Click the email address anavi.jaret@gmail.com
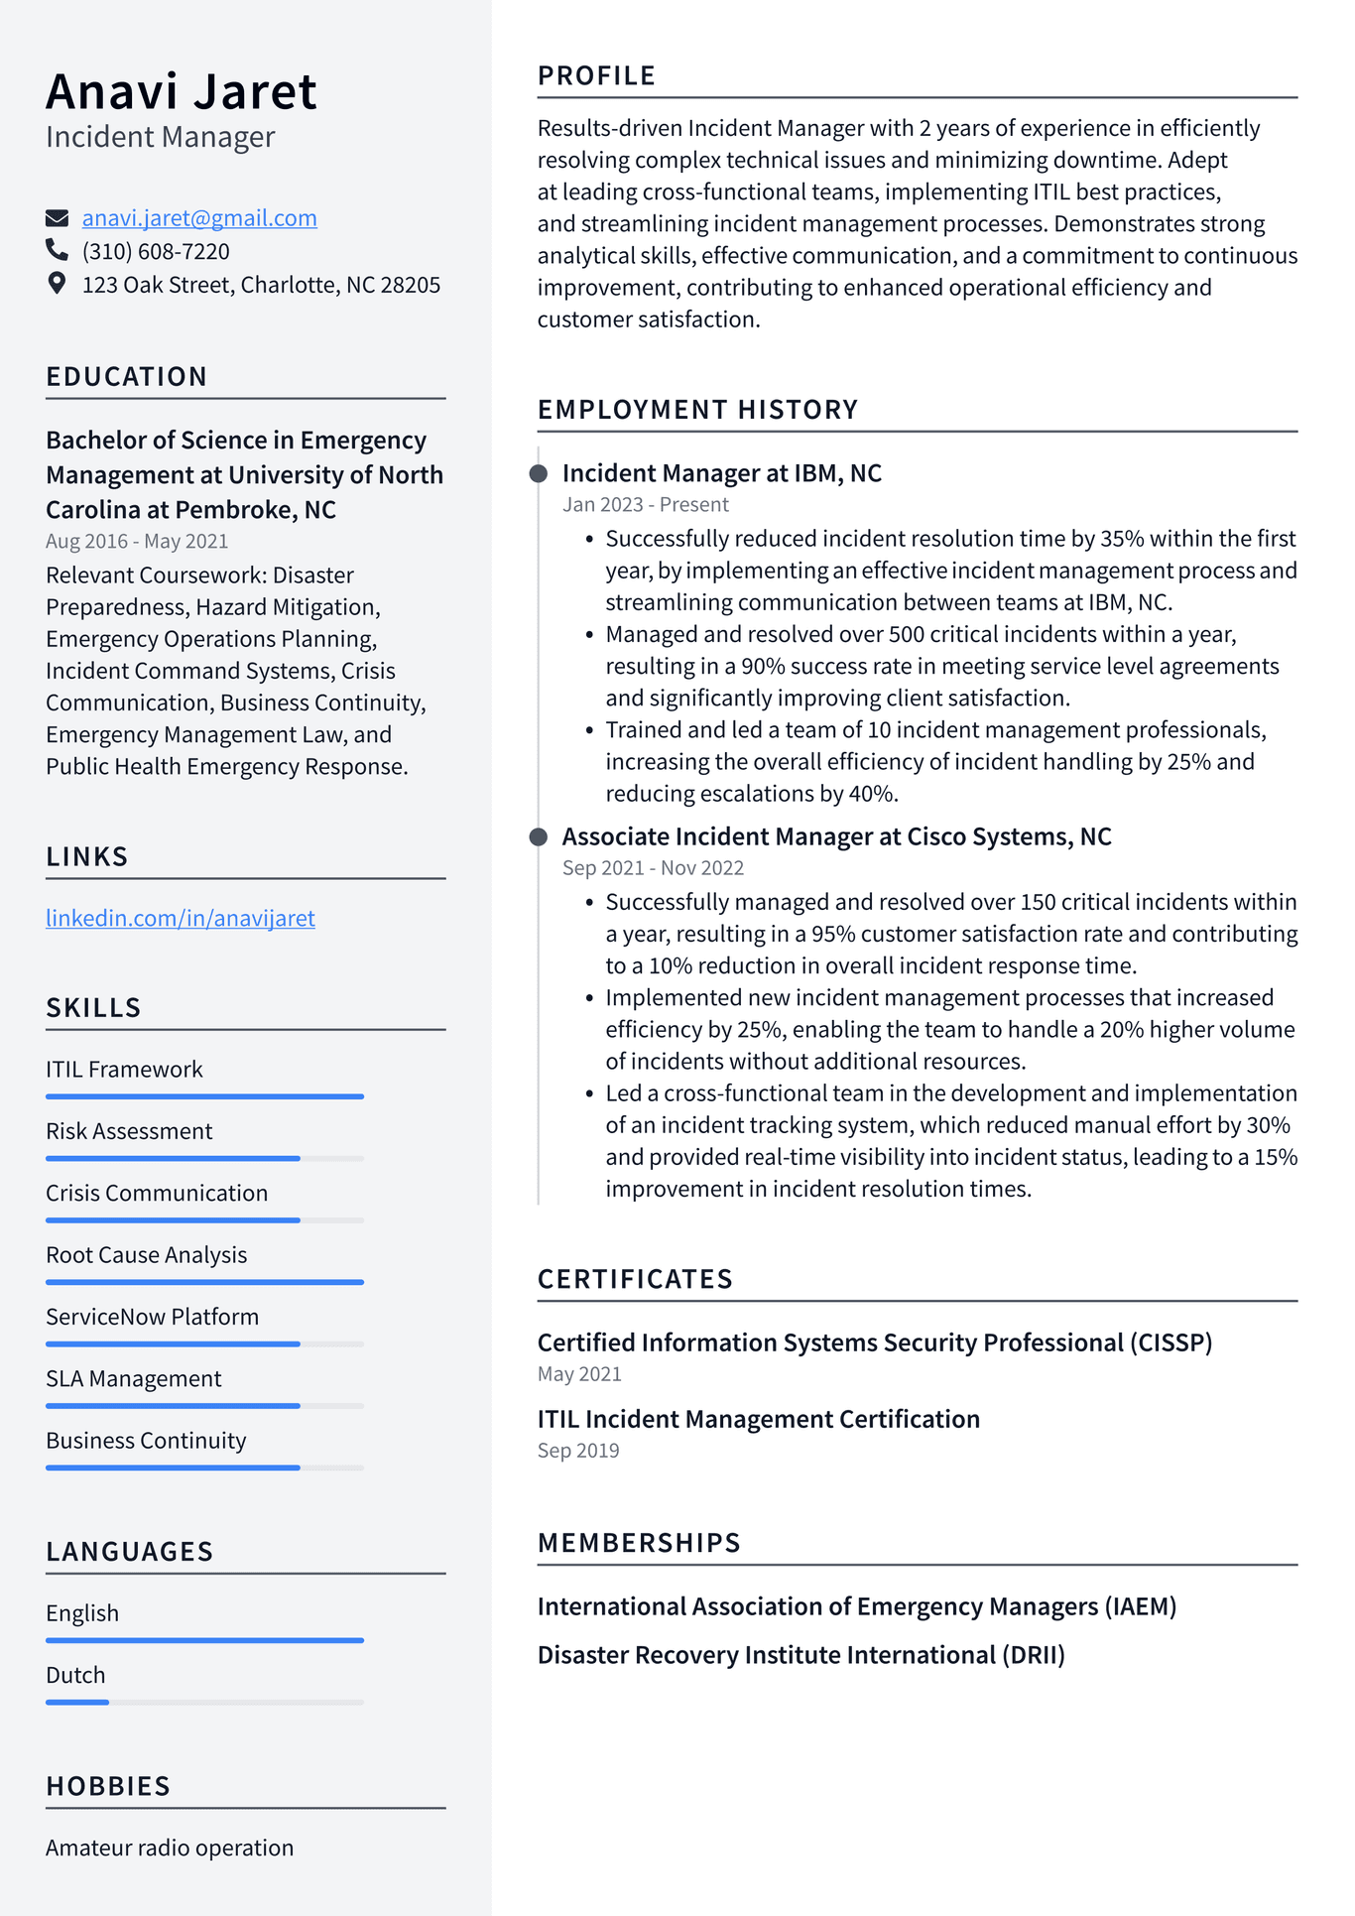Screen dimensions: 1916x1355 click(x=199, y=218)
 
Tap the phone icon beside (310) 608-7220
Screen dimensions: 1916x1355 click(x=58, y=250)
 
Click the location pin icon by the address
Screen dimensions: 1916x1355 click(x=58, y=284)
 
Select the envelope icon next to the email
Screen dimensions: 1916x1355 click(x=58, y=218)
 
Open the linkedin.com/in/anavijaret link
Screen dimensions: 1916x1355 click(x=181, y=919)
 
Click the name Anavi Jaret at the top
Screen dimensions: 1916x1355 click(x=182, y=92)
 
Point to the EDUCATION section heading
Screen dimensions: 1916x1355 click(x=127, y=377)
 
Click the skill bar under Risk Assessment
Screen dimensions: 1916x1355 click(x=204, y=1158)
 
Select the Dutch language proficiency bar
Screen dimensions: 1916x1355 click(x=204, y=1702)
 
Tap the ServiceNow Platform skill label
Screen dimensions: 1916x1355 click(x=152, y=1317)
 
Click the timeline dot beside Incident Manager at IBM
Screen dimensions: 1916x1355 click(x=539, y=473)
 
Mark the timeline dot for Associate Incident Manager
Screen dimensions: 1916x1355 click(x=539, y=836)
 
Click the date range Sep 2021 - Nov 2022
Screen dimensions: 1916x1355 click(x=653, y=868)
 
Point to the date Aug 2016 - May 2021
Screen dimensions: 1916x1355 click(x=137, y=542)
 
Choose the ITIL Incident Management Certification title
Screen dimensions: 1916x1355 click(x=758, y=1419)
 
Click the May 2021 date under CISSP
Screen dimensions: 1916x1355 click(x=579, y=1374)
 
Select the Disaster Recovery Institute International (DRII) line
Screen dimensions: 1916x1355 click(x=801, y=1655)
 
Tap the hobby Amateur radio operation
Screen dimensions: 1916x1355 click(x=170, y=1848)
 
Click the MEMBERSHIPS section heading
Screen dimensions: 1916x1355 click(x=639, y=1543)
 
